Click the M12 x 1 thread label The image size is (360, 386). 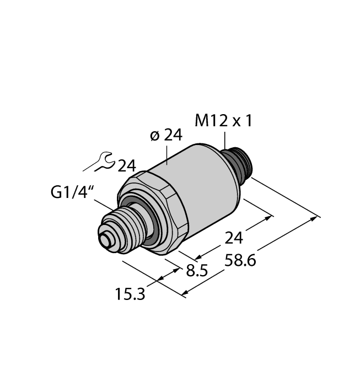[224, 120]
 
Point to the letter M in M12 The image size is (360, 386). [202, 120]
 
